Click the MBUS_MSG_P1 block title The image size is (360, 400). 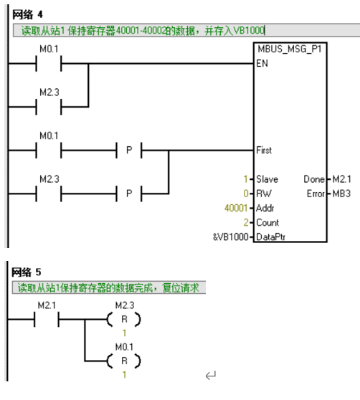point(289,49)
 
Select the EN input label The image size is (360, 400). point(262,63)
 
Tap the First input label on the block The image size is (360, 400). point(264,150)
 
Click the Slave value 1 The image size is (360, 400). point(245,179)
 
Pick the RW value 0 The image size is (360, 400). point(246,194)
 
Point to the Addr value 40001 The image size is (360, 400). point(236,208)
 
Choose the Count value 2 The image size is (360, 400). point(246,222)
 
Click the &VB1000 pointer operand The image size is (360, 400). point(231,237)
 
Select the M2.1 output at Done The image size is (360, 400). point(341,179)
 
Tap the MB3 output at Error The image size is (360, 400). point(341,194)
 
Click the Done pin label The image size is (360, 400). point(314,179)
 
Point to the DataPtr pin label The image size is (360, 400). point(270,237)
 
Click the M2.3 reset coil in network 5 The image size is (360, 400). point(124,319)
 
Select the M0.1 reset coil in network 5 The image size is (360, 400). point(124,361)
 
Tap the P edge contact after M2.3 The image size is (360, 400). point(129,194)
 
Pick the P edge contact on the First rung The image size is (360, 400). point(129,151)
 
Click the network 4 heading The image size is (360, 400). point(27,14)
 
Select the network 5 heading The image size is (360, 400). point(26,272)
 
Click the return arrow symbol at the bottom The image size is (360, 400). point(211,375)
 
